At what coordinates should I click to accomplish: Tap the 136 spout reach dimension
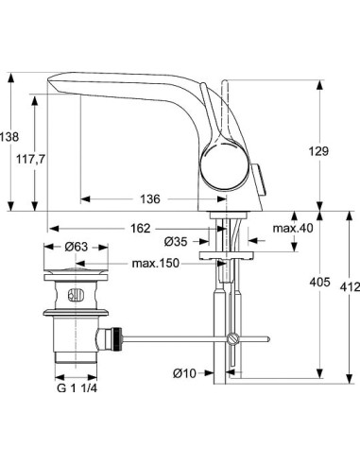148,199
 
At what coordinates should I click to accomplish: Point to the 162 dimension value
140,229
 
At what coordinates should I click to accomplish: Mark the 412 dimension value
349,288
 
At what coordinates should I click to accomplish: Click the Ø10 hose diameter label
184,373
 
